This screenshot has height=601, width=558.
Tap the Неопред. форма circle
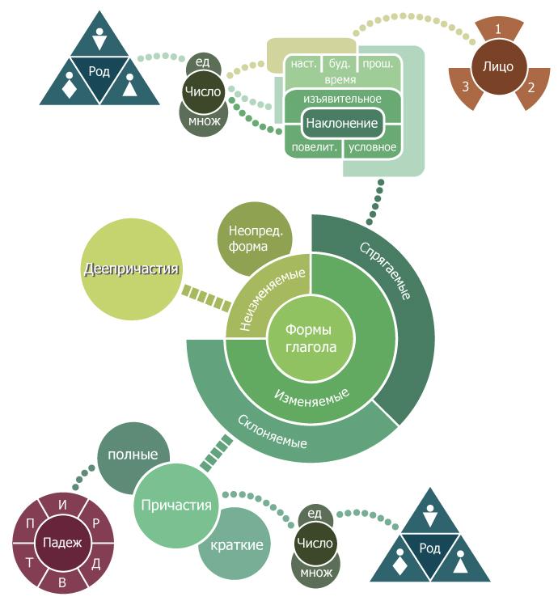[x=254, y=238]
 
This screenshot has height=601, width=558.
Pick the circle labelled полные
[x=133, y=455]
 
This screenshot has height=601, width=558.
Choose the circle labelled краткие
[x=236, y=545]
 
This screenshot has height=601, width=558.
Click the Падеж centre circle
[x=63, y=542]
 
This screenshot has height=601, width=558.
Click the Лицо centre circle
[x=497, y=66]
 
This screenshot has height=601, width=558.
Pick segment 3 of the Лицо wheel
[x=466, y=86]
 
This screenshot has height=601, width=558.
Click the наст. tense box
[x=302, y=63]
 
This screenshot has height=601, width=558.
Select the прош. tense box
[x=378, y=63]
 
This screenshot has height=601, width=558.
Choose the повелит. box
[x=313, y=147]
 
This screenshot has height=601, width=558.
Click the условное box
[x=372, y=147]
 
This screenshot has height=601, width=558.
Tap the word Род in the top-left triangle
[x=99, y=71]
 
